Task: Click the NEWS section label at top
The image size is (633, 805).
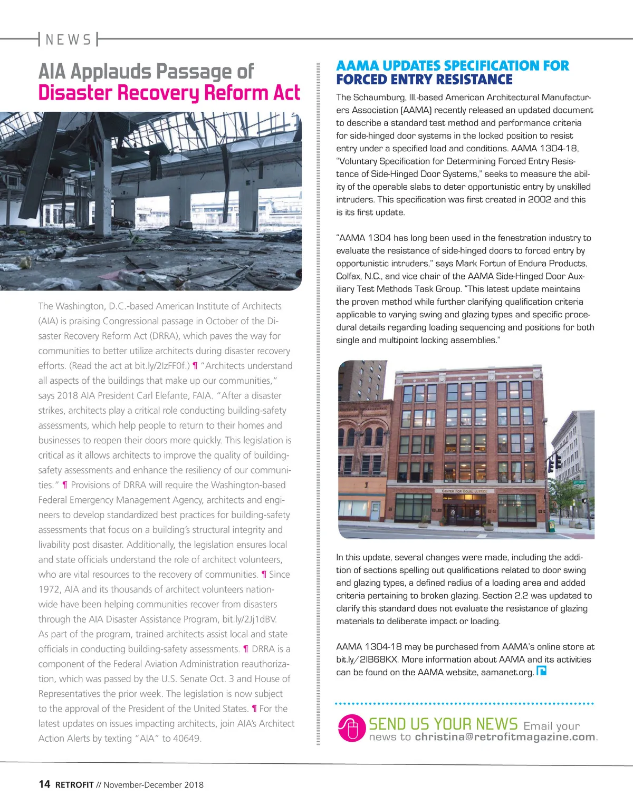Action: click(x=68, y=40)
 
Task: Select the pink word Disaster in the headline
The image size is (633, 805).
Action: click(x=74, y=93)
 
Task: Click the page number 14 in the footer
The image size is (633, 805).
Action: click(x=44, y=784)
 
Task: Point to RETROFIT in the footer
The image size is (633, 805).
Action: click(x=74, y=784)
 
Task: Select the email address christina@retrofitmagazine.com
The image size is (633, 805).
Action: click(x=505, y=737)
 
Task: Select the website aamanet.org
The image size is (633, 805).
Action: click(x=507, y=672)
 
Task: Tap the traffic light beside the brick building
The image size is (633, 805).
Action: click(x=558, y=462)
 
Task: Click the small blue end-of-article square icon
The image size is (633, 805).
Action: click(x=541, y=671)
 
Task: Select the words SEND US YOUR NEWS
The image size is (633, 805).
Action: click(x=443, y=724)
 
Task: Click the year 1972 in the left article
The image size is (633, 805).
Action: click(x=49, y=589)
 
